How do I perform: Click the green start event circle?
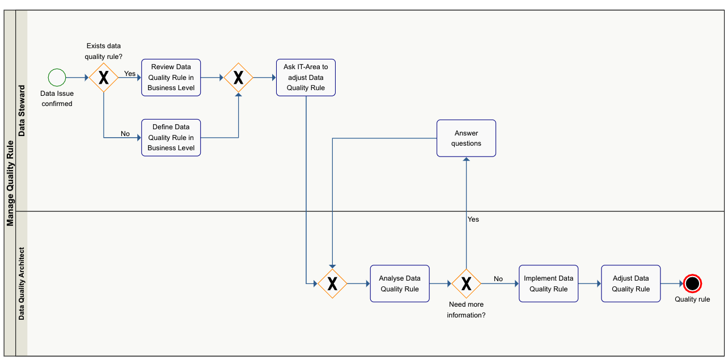[x=57, y=77]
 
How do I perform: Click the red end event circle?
[x=692, y=283]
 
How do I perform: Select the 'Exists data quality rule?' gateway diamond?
[x=104, y=78]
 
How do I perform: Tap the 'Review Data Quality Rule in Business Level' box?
[x=171, y=78]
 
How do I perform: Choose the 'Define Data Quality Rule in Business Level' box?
[x=171, y=138]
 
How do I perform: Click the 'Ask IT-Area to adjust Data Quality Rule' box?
[x=306, y=78]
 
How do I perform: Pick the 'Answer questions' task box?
[x=466, y=138]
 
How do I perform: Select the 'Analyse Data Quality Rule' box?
[x=400, y=283]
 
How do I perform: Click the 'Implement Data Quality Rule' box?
[x=548, y=283]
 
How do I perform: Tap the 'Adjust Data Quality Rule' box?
[x=630, y=283]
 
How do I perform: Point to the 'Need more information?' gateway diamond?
[x=466, y=283]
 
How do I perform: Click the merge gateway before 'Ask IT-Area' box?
[x=238, y=78]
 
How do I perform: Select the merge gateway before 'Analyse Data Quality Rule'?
[x=332, y=283]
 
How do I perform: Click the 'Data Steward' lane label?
[x=22, y=111]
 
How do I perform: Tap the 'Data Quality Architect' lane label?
[x=22, y=283]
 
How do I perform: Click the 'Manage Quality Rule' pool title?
[x=10, y=183]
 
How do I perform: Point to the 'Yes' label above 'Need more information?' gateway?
[x=473, y=219]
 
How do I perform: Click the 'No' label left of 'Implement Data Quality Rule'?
[x=498, y=279]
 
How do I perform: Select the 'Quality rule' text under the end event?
[x=692, y=299]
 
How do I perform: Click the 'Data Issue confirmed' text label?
[x=57, y=99]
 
